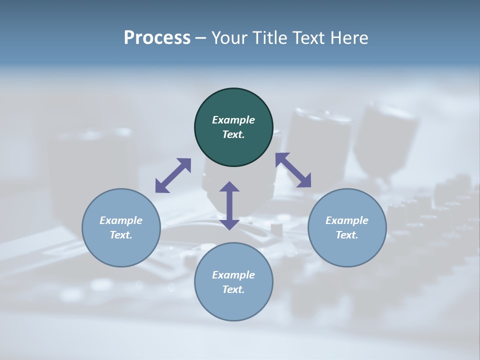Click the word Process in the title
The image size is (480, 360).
tap(157, 38)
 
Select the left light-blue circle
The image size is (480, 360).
tap(121, 250)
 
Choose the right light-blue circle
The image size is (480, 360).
tap(347, 250)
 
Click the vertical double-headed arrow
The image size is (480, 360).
tap(229, 205)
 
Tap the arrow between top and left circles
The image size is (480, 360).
tap(173, 175)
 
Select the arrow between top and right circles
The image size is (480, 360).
tap(293, 170)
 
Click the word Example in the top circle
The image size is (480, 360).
tap(233, 120)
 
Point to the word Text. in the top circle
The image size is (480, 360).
tap(233, 134)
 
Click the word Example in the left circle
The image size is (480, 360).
tap(121, 220)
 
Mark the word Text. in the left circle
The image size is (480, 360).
tap(121, 235)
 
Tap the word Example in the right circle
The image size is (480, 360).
tap(347, 220)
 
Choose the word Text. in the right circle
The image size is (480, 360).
tap(347, 235)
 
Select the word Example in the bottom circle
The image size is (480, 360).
tap(233, 275)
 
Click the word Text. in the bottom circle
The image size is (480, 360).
tap(233, 289)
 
